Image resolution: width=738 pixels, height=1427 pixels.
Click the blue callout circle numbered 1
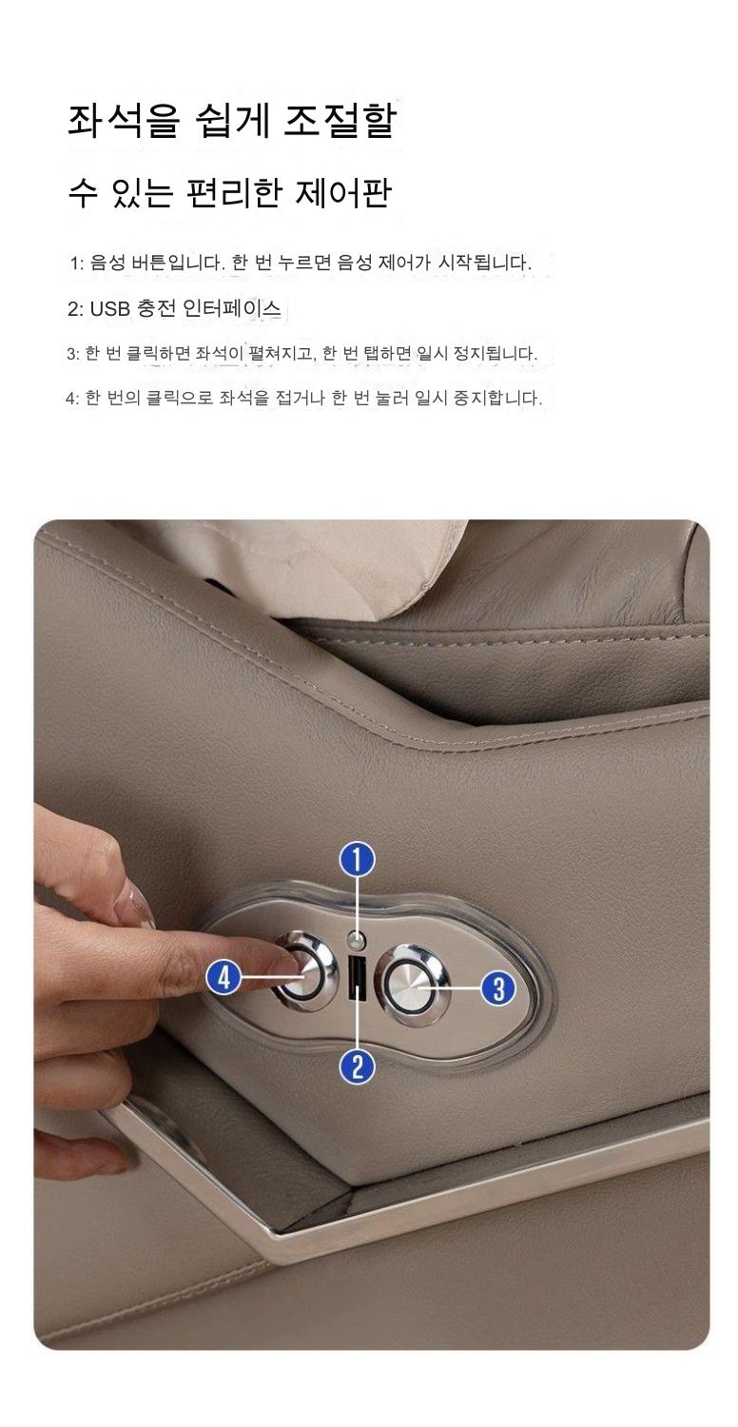[x=358, y=860]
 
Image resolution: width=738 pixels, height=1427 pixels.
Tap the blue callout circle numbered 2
[x=358, y=1065]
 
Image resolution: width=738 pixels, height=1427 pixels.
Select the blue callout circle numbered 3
[x=498, y=988]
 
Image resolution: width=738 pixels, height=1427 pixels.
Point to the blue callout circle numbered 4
[x=224, y=977]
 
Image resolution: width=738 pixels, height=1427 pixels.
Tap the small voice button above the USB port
[x=358, y=940]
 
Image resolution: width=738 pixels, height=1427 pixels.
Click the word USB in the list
[x=110, y=309]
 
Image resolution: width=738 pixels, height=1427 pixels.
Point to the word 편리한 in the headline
[x=233, y=193]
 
